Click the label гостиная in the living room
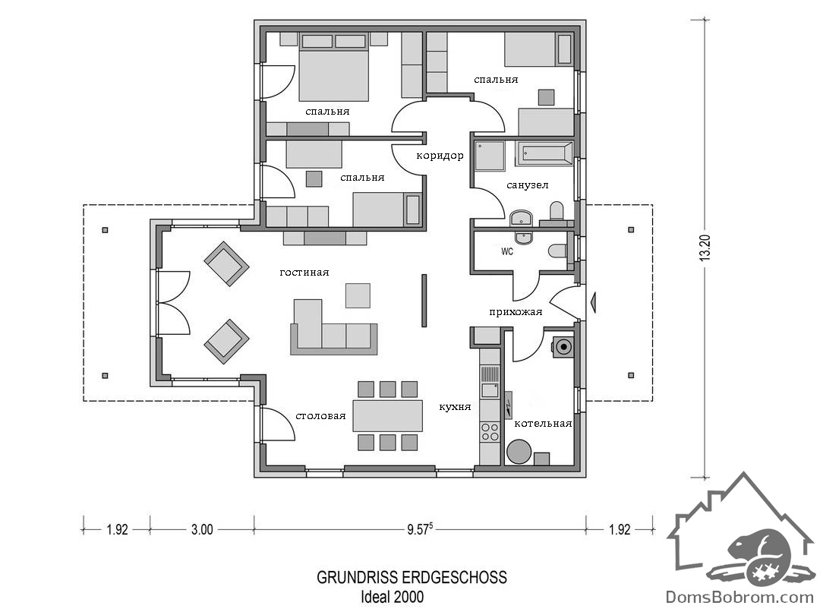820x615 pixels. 304,273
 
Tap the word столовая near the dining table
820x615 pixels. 320,416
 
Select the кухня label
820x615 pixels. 455,407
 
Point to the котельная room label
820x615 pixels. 543,424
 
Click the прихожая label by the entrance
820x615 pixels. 516,312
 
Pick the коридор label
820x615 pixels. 440,156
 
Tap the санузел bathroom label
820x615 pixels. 527,185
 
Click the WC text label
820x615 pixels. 507,251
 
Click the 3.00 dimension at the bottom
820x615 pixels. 202,530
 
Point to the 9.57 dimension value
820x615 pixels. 420,529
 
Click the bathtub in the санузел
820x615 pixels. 544,153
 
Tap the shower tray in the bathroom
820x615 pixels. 490,156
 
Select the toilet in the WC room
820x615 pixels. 557,251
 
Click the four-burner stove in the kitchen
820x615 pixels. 490,432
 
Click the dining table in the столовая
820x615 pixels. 387,416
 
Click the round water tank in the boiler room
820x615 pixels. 519,452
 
